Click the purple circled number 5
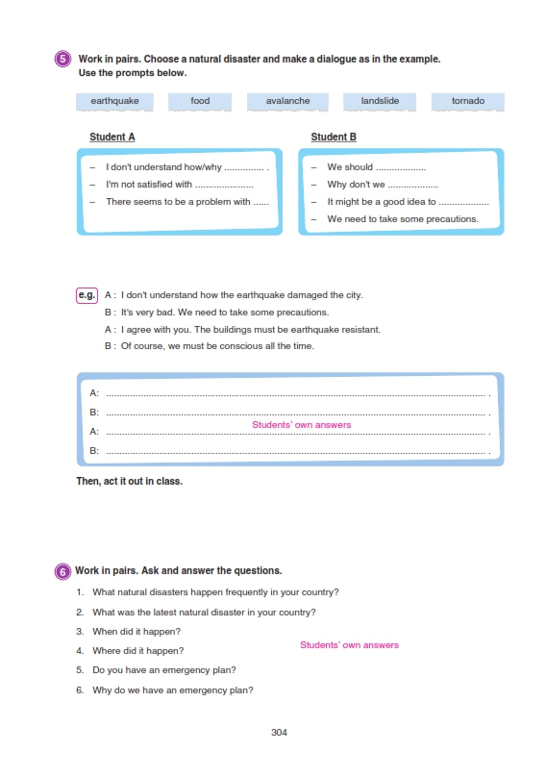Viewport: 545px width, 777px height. (62, 60)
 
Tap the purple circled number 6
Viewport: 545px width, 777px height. (62, 571)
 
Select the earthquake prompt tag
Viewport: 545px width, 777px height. (114, 102)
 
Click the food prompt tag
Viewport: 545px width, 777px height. (200, 102)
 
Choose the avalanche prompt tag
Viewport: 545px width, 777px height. (287, 102)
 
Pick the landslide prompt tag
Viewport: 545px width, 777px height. (380, 102)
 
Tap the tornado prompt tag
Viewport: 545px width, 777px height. (468, 102)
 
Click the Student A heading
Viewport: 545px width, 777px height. (111, 137)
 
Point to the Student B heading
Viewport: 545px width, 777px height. (334, 137)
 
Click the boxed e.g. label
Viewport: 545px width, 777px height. (87, 295)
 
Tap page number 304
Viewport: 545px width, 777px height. (279, 733)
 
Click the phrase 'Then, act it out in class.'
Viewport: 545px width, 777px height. (130, 481)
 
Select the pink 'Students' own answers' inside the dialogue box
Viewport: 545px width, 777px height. (301, 425)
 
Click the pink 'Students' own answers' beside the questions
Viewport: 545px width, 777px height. (349, 644)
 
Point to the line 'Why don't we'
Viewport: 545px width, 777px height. (356, 185)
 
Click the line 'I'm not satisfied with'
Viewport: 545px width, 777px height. (149, 185)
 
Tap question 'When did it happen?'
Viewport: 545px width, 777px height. (136, 632)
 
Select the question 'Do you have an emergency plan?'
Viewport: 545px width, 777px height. (164, 670)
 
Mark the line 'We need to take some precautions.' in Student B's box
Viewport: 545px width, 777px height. (403, 219)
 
